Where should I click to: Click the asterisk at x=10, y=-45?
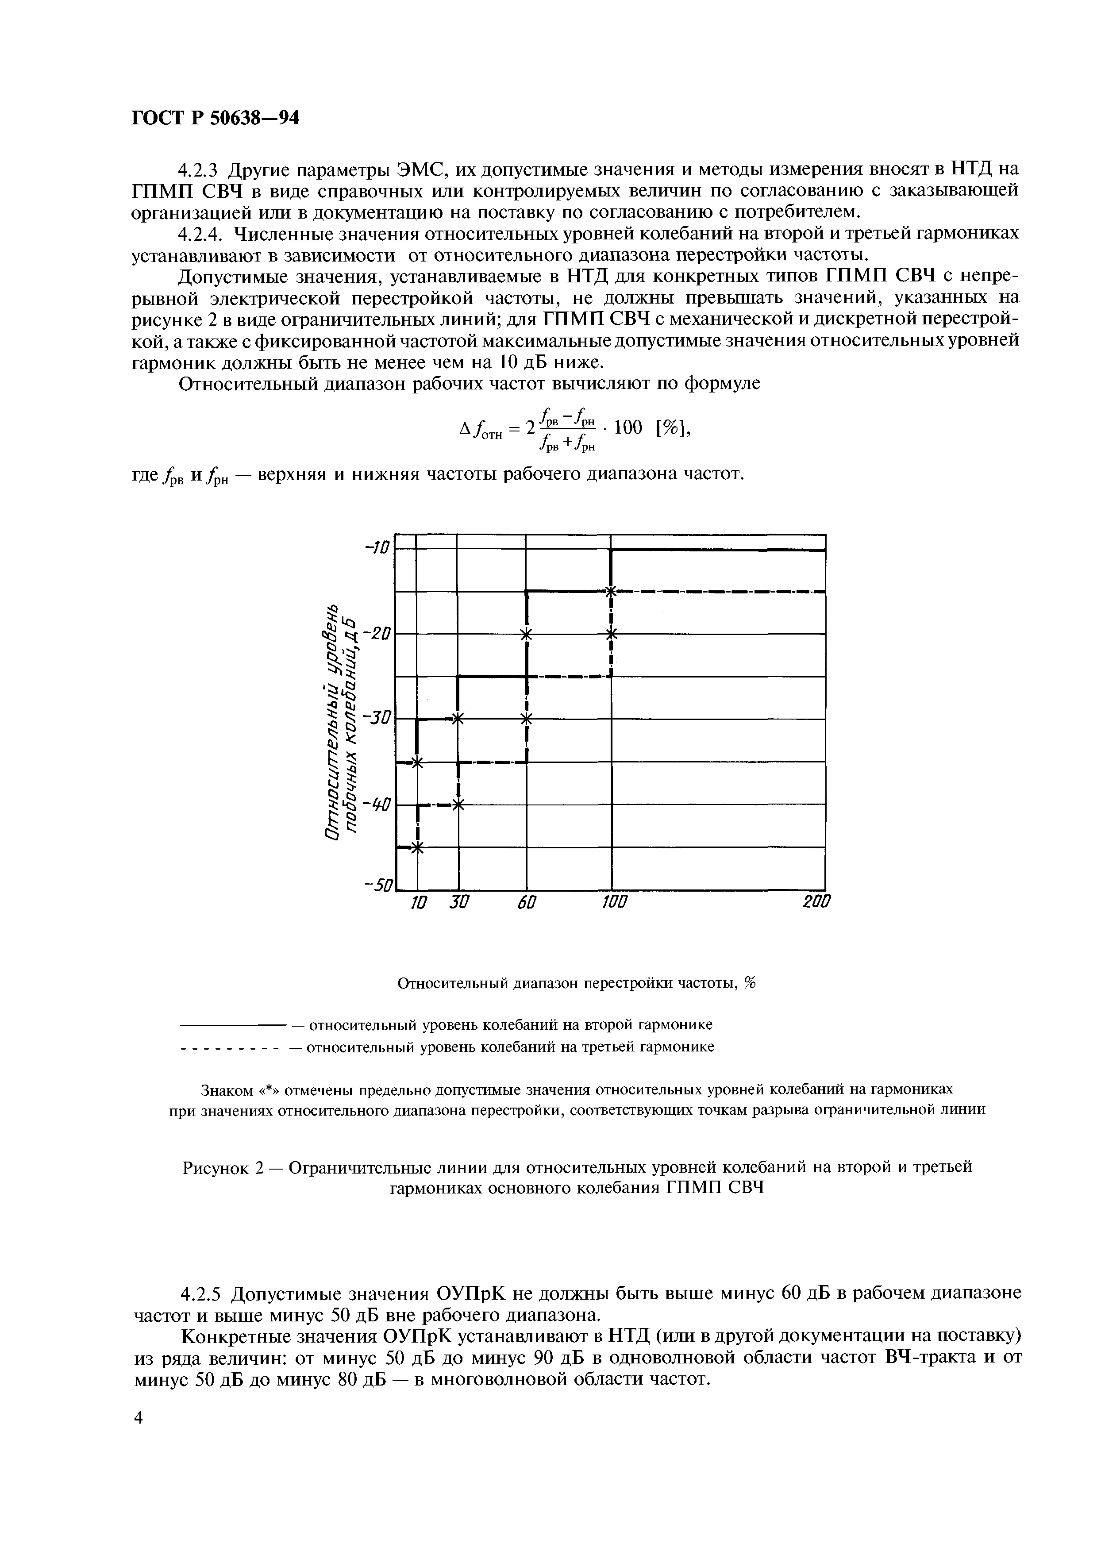tap(417, 847)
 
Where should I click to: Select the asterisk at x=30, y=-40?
tap(458, 805)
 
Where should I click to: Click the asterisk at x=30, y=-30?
tap(458, 719)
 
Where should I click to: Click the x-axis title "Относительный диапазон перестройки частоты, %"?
tap(576, 984)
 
